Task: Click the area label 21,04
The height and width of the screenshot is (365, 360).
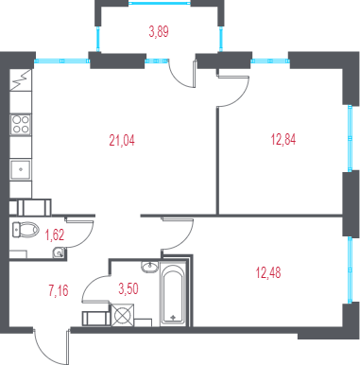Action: (122, 140)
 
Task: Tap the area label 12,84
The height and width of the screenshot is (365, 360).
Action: (283, 139)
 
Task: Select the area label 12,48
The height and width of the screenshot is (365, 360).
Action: (268, 272)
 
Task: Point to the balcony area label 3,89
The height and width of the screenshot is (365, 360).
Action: (159, 31)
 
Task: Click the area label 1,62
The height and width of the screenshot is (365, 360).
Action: (55, 235)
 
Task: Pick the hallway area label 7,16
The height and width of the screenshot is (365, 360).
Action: (59, 290)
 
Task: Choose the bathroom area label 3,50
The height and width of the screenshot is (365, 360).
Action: (129, 288)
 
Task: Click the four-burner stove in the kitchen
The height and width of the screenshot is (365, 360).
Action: (21, 124)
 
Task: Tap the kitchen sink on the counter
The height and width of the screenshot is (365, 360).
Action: (21, 169)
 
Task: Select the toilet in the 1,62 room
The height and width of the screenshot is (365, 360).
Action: (25, 229)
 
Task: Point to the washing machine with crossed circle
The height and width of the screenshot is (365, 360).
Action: (123, 315)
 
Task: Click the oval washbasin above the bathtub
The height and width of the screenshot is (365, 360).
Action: (150, 267)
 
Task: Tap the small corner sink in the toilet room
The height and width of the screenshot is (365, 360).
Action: (59, 252)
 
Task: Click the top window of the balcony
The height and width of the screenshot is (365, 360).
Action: (160, 3)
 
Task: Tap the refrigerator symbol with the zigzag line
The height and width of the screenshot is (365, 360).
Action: (21, 80)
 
